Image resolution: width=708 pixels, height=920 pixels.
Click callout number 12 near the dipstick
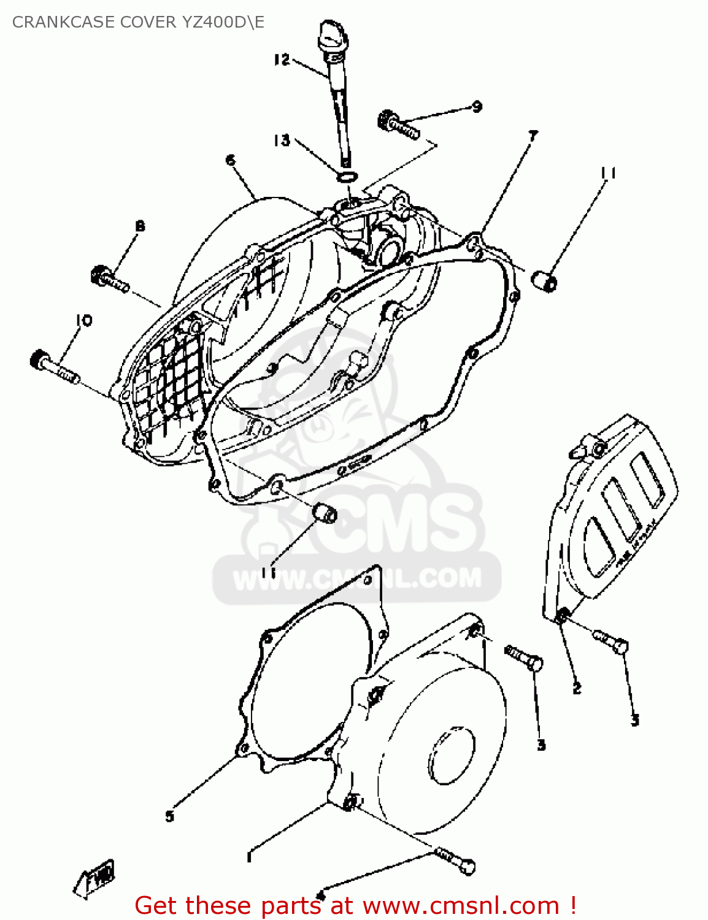(282, 59)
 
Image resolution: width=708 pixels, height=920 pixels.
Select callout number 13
(282, 140)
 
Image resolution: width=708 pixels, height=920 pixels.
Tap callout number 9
(477, 107)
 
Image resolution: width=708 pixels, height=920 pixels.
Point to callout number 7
(533, 136)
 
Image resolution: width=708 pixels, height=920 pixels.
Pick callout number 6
(231, 161)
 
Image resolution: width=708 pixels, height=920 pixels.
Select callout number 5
(170, 816)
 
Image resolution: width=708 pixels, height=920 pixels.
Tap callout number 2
(577, 689)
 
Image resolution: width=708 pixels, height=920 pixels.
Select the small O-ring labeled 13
(347, 177)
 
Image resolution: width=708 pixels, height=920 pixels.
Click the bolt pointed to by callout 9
(398, 125)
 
